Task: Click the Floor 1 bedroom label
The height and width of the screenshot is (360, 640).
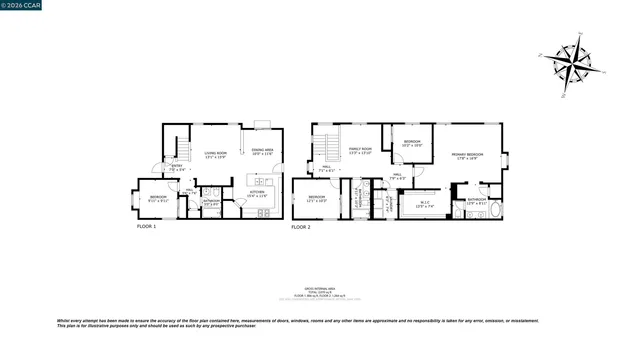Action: (x=158, y=198)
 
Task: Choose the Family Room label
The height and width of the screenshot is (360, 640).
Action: (x=359, y=151)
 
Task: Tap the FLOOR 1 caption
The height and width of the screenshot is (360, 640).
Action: (x=147, y=227)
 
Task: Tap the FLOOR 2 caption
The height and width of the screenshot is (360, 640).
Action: (x=301, y=228)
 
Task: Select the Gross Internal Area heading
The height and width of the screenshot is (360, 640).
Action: (x=320, y=285)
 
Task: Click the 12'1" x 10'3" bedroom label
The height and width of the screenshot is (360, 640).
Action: (x=316, y=198)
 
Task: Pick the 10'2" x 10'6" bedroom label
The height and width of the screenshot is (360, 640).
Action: (x=412, y=143)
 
